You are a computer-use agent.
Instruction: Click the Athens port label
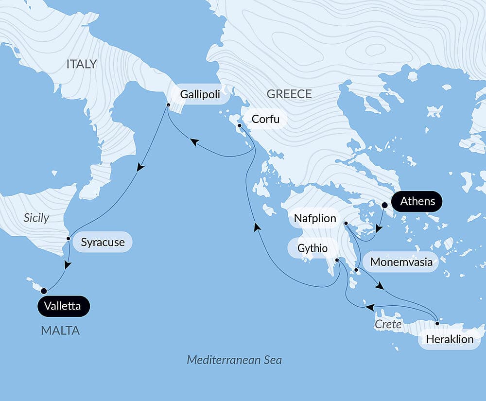click(417, 201)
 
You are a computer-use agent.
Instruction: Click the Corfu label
click(265, 119)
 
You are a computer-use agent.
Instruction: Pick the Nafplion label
click(314, 218)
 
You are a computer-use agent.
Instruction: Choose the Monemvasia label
click(401, 262)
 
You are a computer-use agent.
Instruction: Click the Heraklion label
click(449, 339)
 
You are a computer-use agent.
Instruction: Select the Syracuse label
click(103, 242)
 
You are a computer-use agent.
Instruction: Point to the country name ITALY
click(82, 64)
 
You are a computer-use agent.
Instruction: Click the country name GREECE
click(289, 94)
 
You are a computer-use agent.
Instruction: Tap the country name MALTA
click(60, 331)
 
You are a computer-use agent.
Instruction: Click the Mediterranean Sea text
click(234, 360)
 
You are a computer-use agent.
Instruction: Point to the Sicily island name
click(36, 217)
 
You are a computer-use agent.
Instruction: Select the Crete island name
click(388, 324)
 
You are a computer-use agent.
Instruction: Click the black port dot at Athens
click(384, 205)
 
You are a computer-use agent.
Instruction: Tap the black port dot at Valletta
click(44, 291)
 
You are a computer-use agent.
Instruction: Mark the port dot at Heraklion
click(437, 323)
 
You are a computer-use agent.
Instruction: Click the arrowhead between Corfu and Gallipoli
click(194, 142)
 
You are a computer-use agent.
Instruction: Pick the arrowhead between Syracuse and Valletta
click(68, 265)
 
